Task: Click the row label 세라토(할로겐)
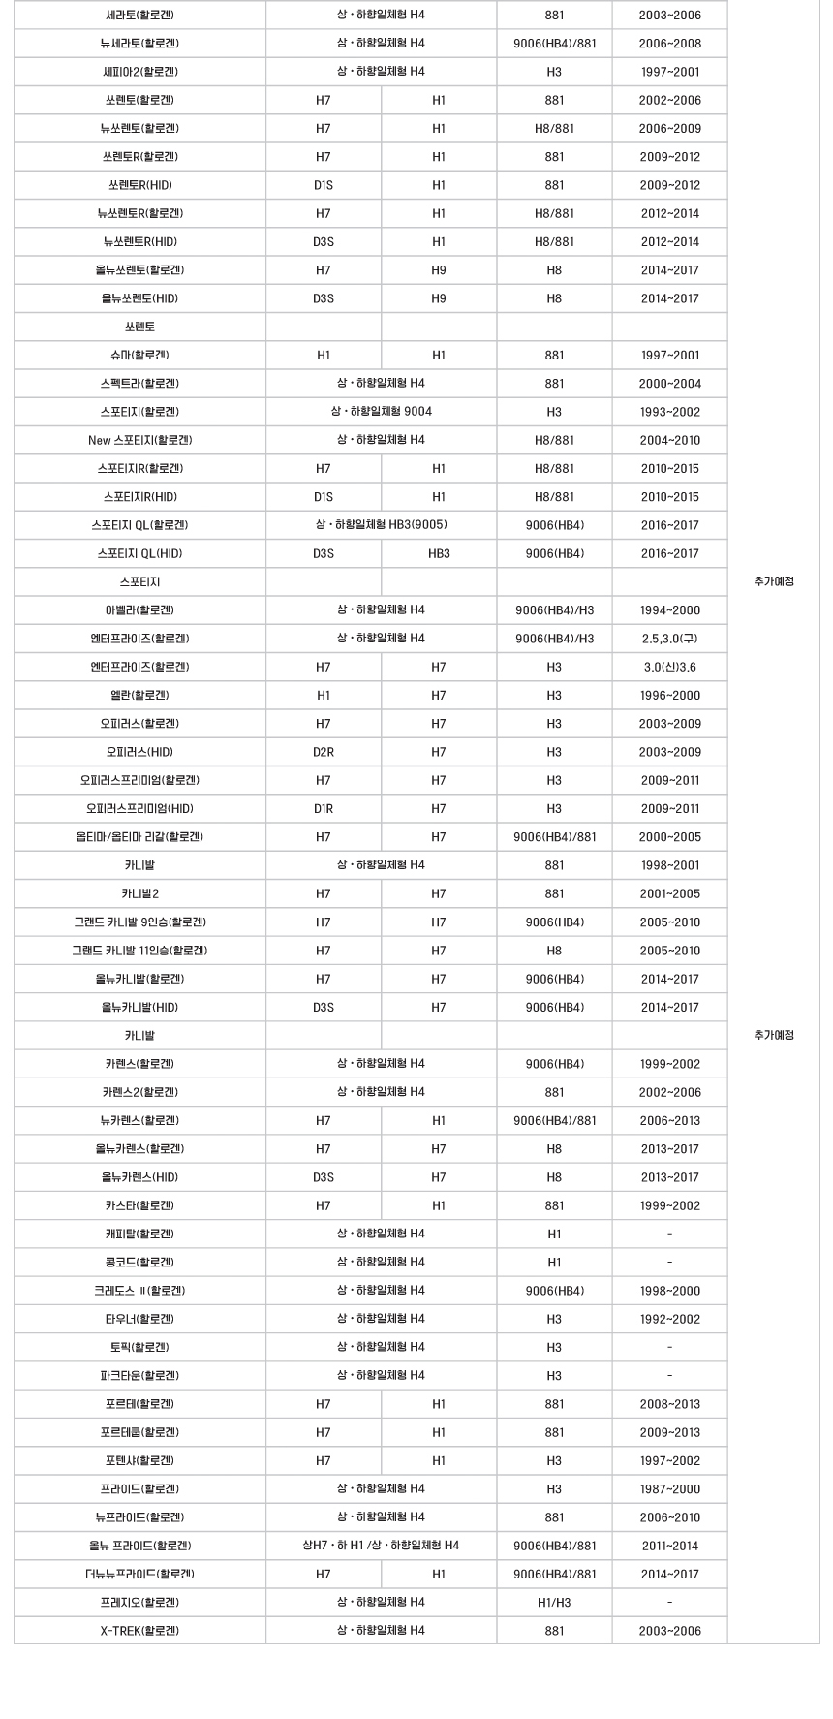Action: coord(139,16)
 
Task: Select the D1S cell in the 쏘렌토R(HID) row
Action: coord(324,185)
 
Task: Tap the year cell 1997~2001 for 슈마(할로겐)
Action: coord(669,356)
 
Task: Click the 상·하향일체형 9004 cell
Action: coord(381,412)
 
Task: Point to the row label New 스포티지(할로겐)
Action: coord(139,440)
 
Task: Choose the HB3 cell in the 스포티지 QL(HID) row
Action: coord(439,554)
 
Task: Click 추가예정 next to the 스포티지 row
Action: coord(773,581)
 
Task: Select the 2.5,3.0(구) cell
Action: coord(669,639)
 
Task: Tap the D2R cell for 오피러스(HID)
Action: coord(324,752)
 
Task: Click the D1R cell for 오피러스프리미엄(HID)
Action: coord(324,809)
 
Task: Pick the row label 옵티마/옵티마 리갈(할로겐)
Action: coord(139,837)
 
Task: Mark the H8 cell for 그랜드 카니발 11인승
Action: coord(554,951)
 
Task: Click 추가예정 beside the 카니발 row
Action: coord(773,1035)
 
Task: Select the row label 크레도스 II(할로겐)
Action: coord(139,1291)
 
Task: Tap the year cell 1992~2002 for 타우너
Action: coord(669,1319)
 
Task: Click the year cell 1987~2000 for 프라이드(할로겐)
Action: coord(669,1489)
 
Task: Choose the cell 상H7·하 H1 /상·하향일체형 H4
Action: coord(381,1546)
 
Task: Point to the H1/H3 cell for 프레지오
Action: coord(554,1603)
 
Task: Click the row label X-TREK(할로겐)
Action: coord(139,1631)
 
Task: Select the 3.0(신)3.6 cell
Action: coord(669,667)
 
